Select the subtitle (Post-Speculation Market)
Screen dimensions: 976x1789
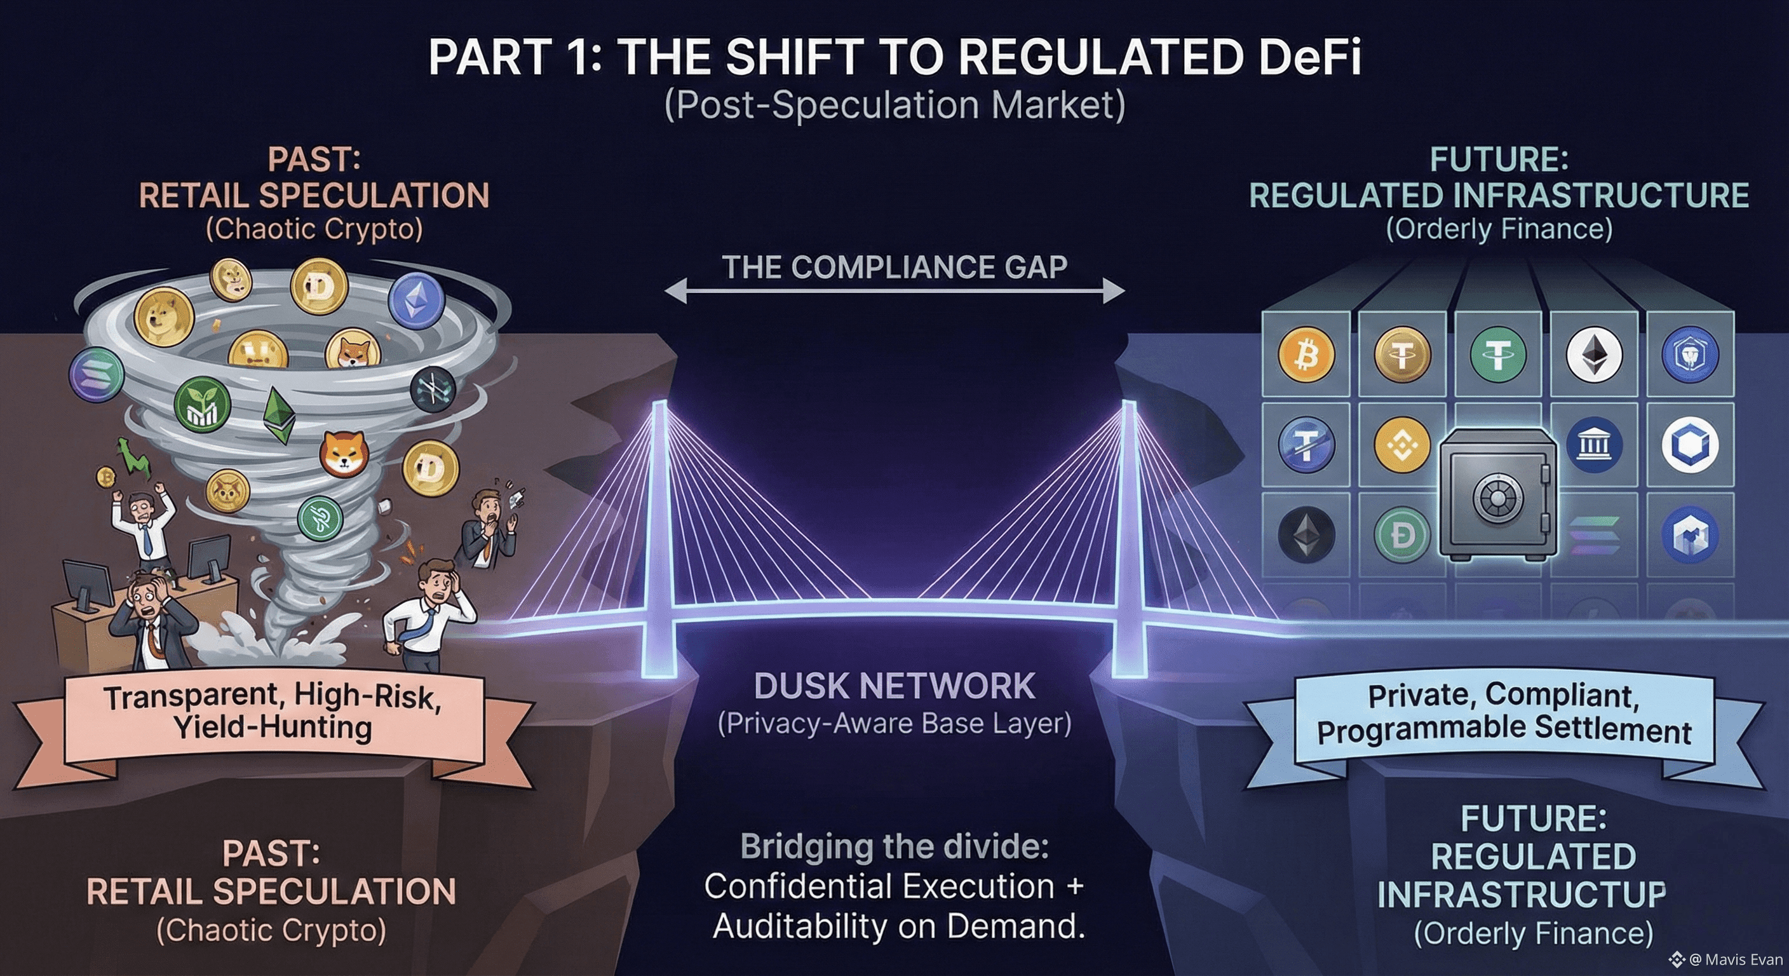point(894,105)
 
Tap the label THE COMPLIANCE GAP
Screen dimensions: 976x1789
point(894,268)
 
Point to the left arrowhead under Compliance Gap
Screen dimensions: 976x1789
point(675,291)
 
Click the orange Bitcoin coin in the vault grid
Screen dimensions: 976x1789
point(1306,355)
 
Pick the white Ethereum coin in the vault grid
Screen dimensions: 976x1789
point(1594,355)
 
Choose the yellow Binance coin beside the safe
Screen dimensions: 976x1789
point(1402,445)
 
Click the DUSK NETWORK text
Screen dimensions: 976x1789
point(894,686)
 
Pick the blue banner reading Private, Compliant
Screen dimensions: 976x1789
point(1504,714)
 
